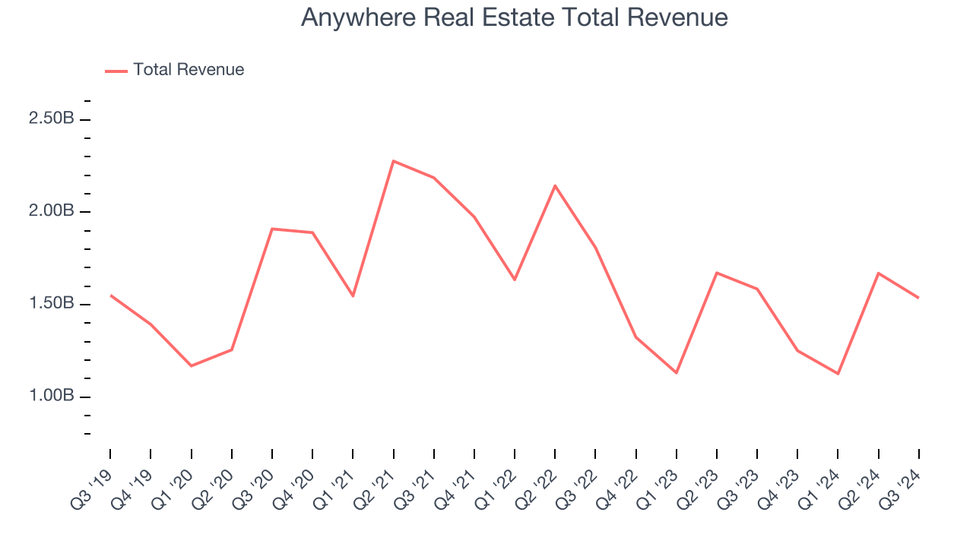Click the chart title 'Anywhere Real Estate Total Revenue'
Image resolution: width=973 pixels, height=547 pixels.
click(514, 17)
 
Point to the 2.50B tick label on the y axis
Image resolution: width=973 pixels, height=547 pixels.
click(51, 119)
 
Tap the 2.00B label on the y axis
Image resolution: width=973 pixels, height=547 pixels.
click(51, 210)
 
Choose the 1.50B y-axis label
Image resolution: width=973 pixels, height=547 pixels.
click(51, 304)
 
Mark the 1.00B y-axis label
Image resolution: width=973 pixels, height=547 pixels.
click(51, 396)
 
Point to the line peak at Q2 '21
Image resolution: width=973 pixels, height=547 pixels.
click(393, 161)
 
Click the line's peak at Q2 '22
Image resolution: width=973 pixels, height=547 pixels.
click(555, 185)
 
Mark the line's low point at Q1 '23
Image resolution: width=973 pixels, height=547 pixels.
click(676, 372)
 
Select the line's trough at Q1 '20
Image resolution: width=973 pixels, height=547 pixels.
click(191, 366)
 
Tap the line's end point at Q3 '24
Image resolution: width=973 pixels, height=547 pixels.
click(918, 298)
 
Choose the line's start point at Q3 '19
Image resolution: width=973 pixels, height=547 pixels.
click(110, 295)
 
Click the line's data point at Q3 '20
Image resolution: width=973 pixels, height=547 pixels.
click(272, 229)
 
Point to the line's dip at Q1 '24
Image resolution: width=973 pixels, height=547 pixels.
click(838, 374)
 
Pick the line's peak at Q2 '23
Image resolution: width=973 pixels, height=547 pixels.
click(717, 273)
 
